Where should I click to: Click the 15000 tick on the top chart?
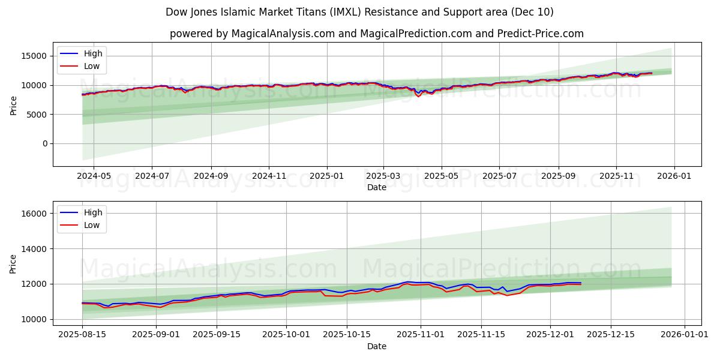[x=34, y=56]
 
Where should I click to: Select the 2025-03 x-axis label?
[x=383, y=176]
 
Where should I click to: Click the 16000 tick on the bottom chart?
[x=34, y=214]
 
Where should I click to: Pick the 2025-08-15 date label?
[x=82, y=334]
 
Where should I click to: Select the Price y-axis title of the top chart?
[x=13, y=104]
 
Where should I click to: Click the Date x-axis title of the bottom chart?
[x=377, y=346]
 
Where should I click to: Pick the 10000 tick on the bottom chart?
[x=34, y=319]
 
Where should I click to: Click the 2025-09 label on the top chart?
[x=558, y=176]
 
